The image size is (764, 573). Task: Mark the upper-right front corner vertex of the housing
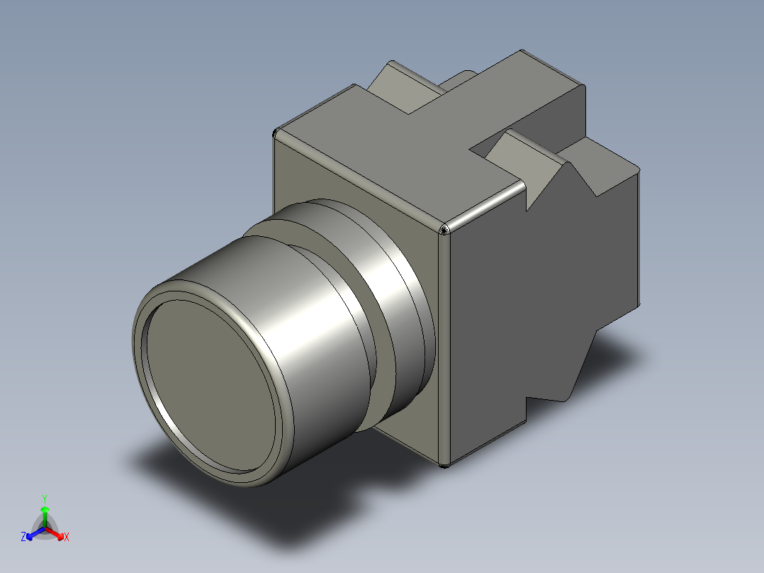click(x=444, y=229)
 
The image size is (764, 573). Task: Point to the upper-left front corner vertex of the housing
click(x=274, y=133)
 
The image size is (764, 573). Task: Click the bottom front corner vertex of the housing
click(x=444, y=465)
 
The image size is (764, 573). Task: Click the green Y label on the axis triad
click(x=44, y=498)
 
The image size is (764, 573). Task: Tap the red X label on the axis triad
click(x=66, y=538)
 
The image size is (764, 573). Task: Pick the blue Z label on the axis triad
click(x=23, y=538)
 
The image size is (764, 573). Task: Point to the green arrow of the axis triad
click(x=45, y=513)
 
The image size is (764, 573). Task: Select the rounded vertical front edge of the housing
click(x=444, y=347)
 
